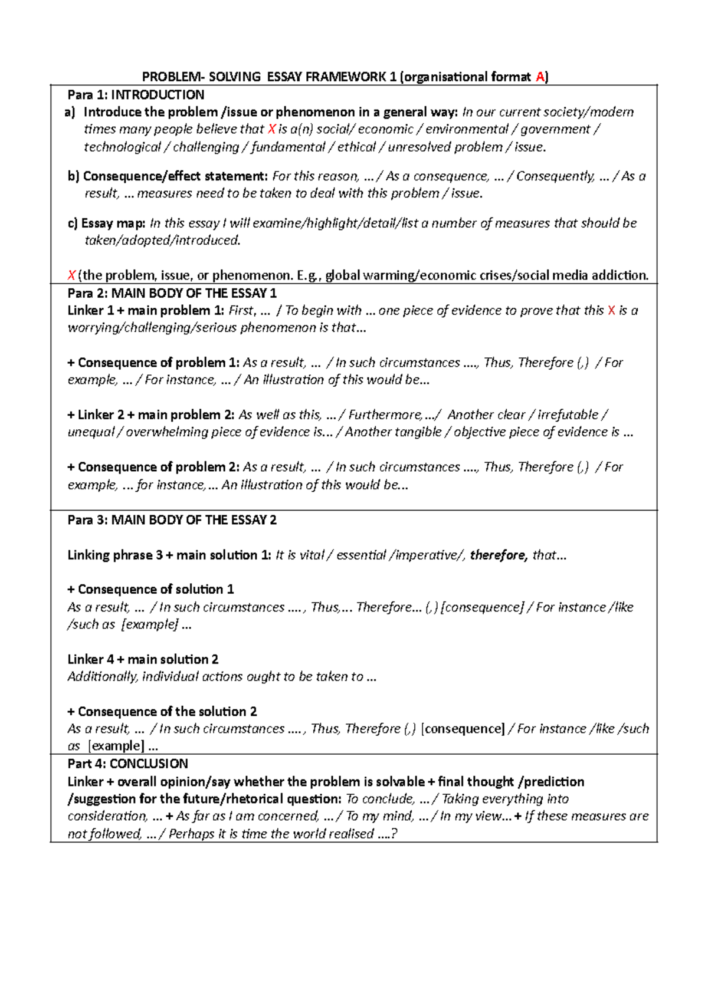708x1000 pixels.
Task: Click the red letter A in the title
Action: pyautogui.click(x=540, y=77)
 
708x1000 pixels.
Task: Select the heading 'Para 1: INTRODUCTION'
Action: pyautogui.click(x=136, y=95)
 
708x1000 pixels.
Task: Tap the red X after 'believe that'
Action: pyautogui.click(x=271, y=130)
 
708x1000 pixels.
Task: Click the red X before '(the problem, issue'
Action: pyautogui.click(x=71, y=275)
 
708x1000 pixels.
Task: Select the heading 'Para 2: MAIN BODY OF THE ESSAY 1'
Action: pyautogui.click(x=172, y=294)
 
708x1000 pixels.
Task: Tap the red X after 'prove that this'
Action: pyautogui.click(x=611, y=311)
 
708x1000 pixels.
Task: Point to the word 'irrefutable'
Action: pyautogui.click(x=568, y=415)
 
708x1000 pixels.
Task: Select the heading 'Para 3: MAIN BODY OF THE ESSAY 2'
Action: pyautogui.click(x=172, y=520)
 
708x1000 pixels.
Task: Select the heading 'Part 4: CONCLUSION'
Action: pyautogui.click(x=127, y=764)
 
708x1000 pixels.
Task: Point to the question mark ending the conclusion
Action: pyautogui.click(x=394, y=834)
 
